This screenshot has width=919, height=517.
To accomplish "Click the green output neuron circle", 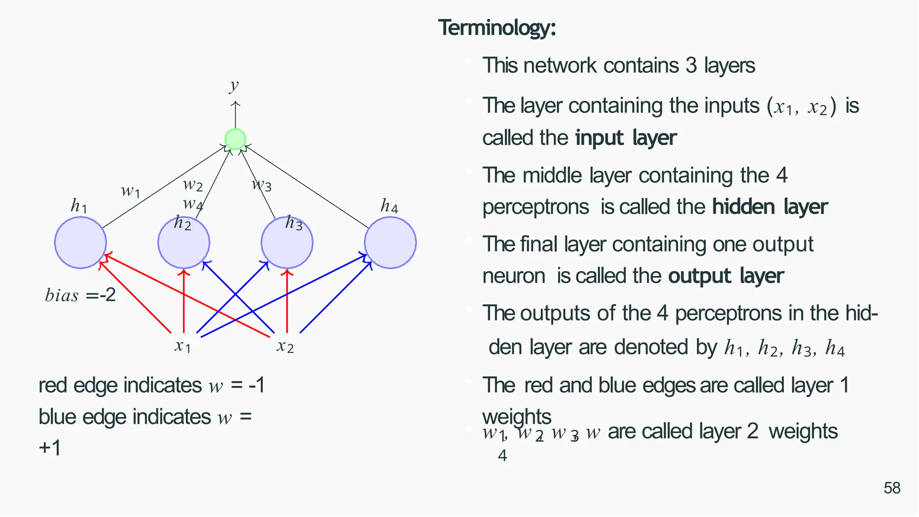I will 235,139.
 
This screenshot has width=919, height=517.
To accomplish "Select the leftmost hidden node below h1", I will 80,243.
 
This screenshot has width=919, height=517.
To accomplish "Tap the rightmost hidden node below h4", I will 390,243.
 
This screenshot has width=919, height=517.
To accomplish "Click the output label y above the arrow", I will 234,85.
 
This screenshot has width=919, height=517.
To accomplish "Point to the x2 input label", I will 285,346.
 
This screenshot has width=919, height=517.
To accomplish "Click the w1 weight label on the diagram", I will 131,191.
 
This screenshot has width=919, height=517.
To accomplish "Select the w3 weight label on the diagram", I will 262,184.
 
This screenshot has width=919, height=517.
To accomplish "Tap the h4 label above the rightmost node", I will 389,206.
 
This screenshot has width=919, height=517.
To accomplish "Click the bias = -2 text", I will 80,295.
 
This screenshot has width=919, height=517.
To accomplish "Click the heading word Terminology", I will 497,28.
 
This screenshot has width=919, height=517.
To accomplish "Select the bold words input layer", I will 626,138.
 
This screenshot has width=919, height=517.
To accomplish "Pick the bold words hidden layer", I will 770,207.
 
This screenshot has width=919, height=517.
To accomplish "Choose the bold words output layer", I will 726,276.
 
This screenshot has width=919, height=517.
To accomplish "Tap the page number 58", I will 892,488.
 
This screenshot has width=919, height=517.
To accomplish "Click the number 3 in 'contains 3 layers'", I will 691,66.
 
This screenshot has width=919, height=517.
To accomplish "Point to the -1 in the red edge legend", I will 257,385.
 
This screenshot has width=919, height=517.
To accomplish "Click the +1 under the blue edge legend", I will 50,448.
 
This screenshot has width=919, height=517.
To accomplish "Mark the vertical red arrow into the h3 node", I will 287,301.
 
